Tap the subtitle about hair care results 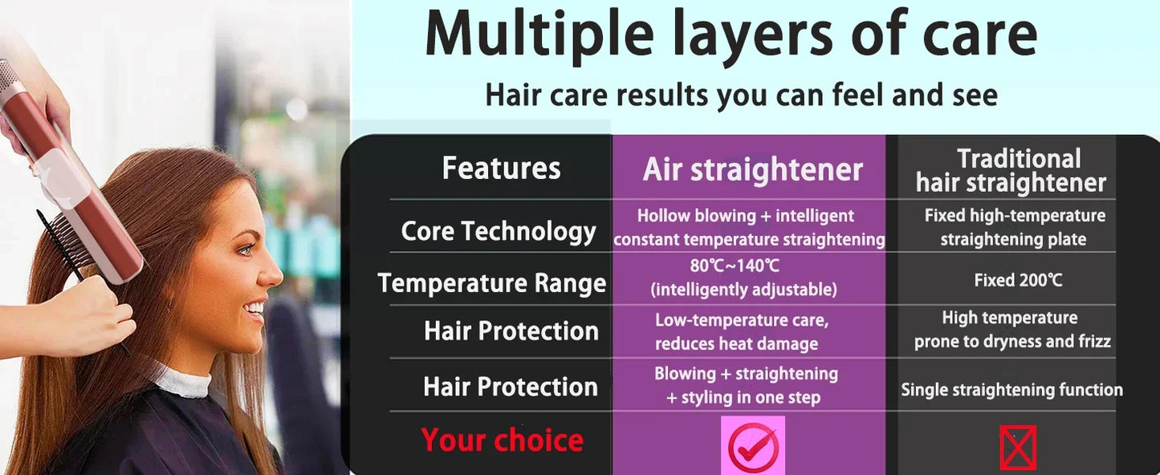pos(741,95)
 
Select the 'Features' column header pos(501,168)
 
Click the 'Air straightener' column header pos(752,170)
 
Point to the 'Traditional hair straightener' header pos(1011,170)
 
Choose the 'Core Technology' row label pos(499,232)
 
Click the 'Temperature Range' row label pos(491,283)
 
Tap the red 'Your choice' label pos(502,440)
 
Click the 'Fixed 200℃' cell pos(1018,280)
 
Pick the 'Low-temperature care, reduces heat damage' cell pos(740,331)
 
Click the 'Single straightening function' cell pos(1011,390)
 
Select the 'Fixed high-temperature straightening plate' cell pos(1014,227)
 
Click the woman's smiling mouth pos(255,309)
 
